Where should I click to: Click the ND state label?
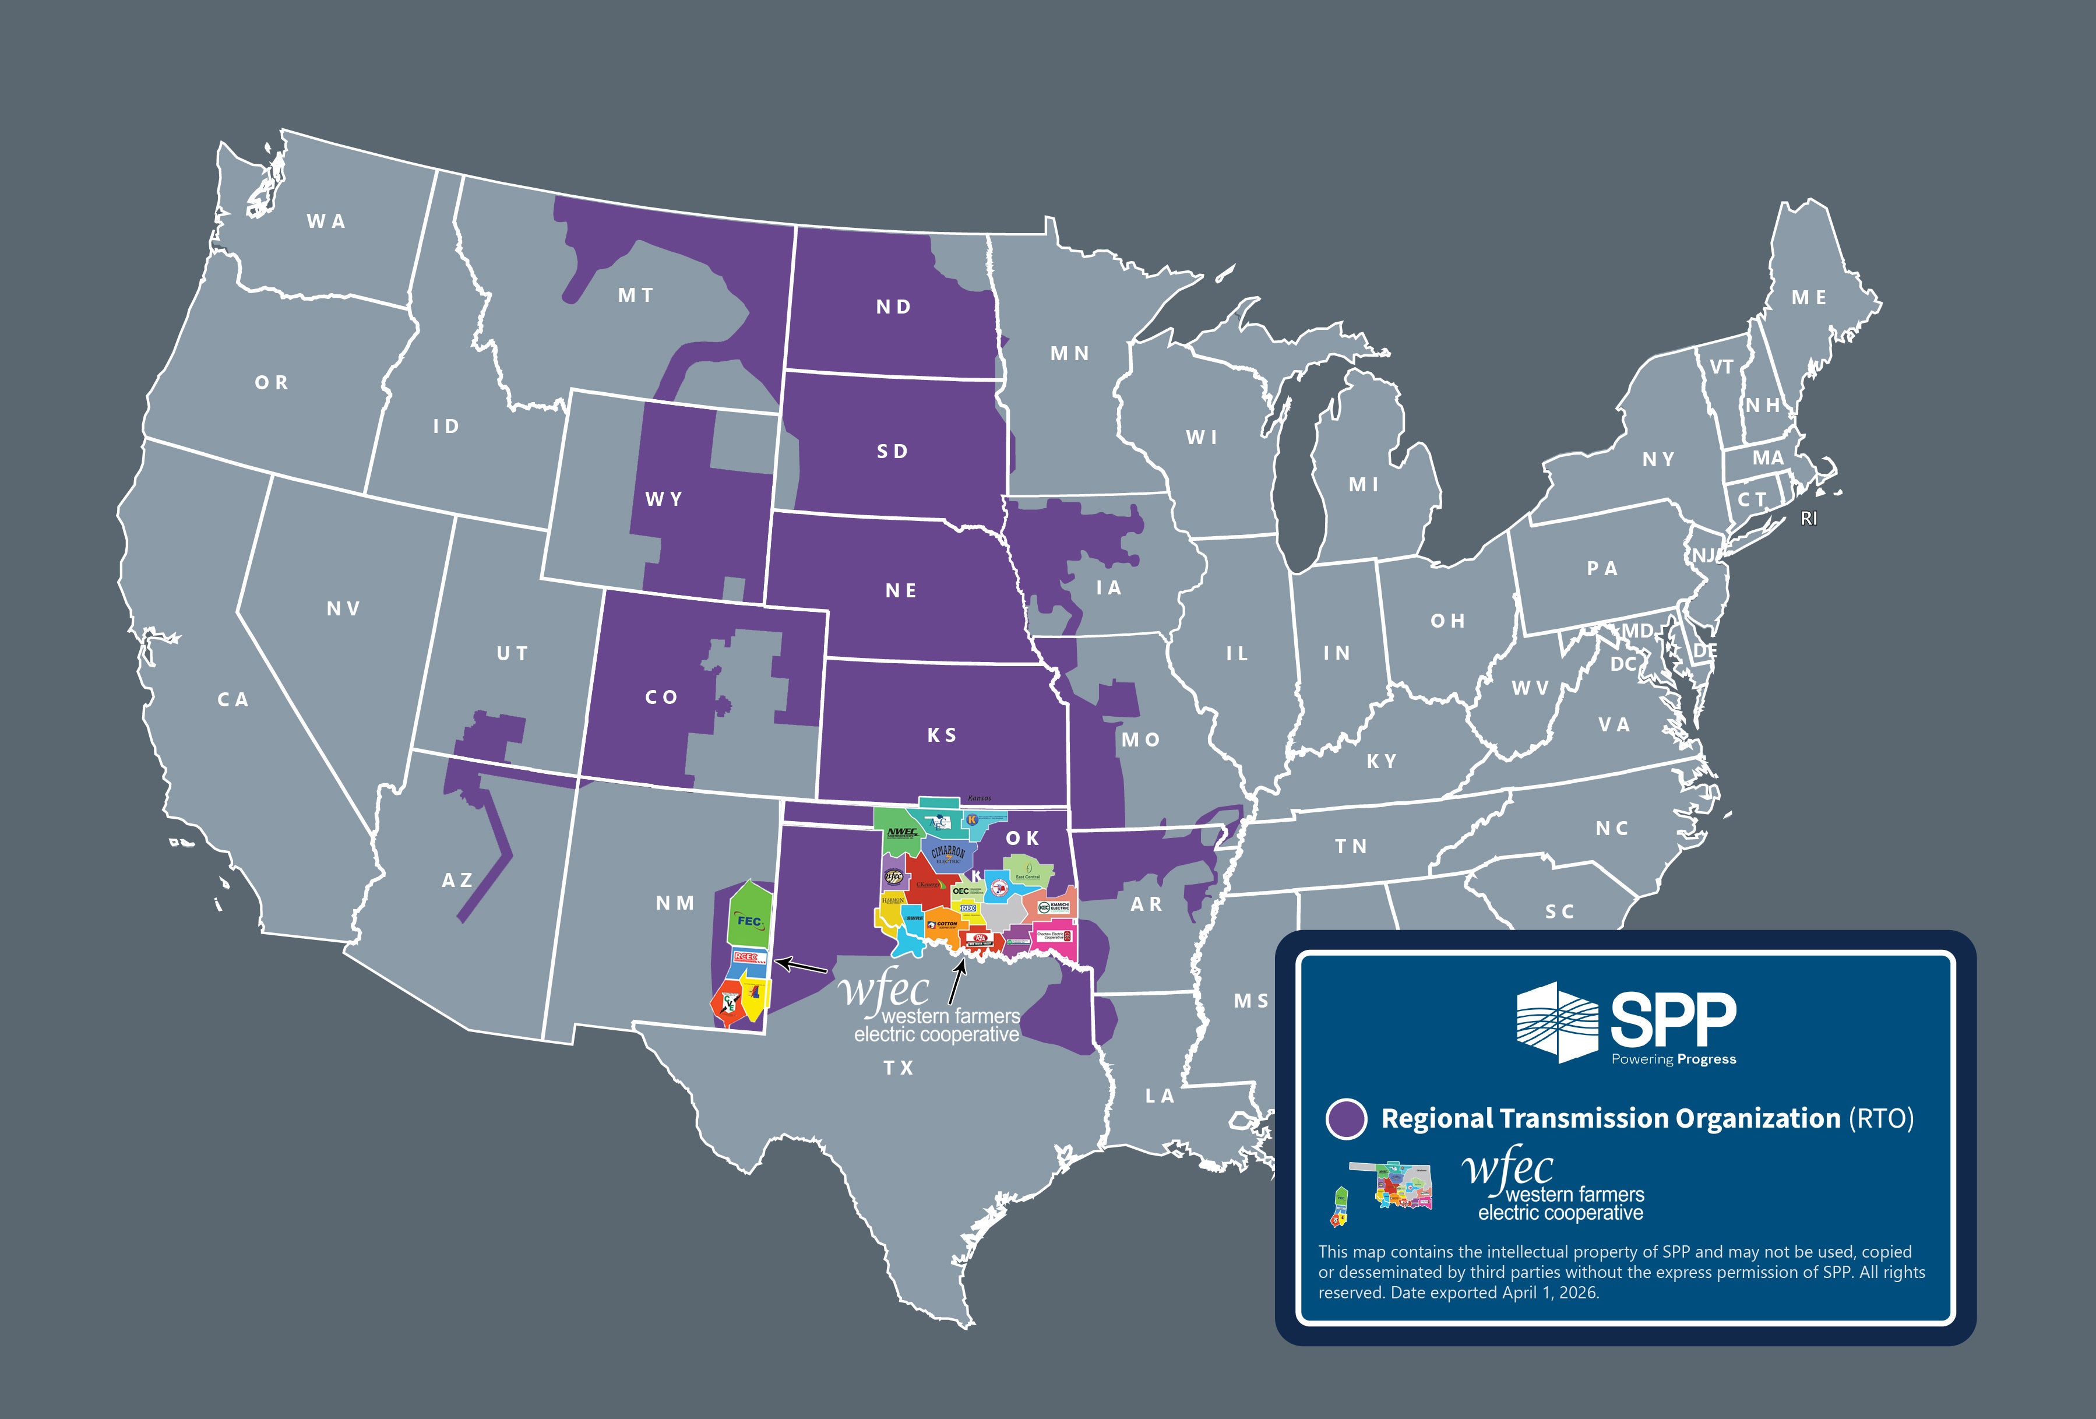pyautogui.click(x=893, y=307)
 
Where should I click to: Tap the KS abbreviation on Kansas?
pyautogui.click(x=942, y=735)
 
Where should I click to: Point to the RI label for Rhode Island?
pyautogui.click(x=1808, y=519)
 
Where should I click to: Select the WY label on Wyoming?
pyautogui.click(x=664, y=499)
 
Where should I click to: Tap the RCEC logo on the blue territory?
pyautogui.click(x=749, y=957)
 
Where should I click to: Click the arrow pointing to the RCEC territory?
pyautogui.click(x=801, y=965)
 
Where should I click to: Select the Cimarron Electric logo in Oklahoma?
pyautogui.click(x=947, y=853)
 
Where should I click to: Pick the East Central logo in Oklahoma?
pyautogui.click(x=1027, y=871)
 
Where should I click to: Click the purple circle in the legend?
pyautogui.click(x=1345, y=1119)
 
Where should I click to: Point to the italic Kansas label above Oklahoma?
pyautogui.click(x=980, y=798)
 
